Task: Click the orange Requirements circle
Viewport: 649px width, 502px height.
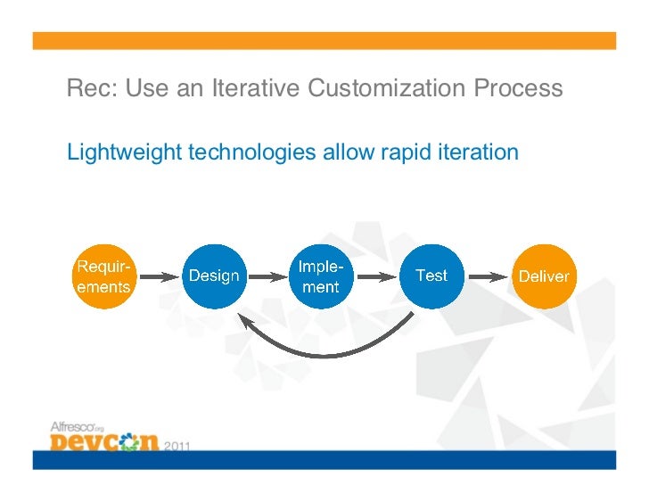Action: click(x=103, y=276)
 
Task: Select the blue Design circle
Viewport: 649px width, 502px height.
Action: click(x=213, y=276)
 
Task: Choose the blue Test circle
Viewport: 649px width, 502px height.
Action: click(x=431, y=276)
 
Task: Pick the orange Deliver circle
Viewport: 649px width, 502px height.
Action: click(x=543, y=276)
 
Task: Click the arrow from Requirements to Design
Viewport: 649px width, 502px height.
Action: click(x=159, y=276)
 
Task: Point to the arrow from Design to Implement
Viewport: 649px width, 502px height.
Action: click(x=267, y=276)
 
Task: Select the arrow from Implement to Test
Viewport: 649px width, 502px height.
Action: click(x=375, y=276)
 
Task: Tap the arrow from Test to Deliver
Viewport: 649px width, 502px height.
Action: click(x=487, y=276)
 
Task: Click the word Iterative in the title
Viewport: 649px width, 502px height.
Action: click(x=256, y=89)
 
